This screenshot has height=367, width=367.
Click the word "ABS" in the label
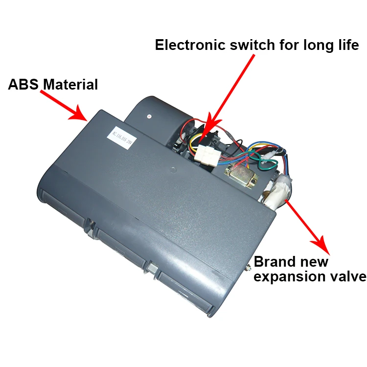click(x=23, y=84)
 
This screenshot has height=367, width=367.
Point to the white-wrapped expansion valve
click(x=280, y=191)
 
